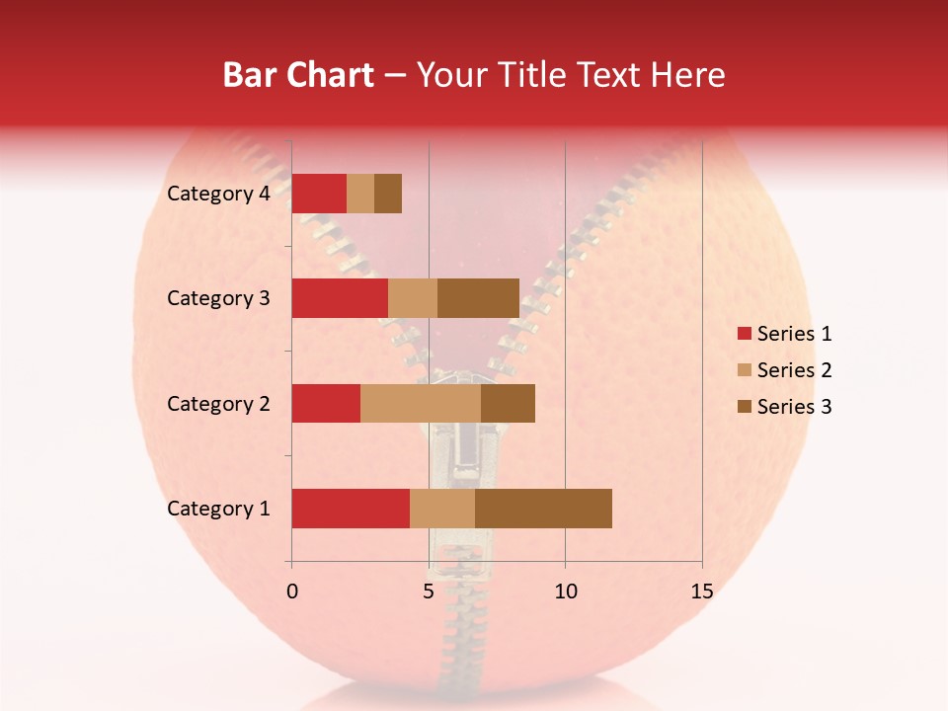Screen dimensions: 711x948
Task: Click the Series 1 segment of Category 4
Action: pos(319,194)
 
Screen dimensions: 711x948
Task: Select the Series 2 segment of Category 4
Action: pos(360,194)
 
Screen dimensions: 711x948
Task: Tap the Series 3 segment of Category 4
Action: pos(388,194)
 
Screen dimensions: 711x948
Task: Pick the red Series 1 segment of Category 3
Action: pos(340,298)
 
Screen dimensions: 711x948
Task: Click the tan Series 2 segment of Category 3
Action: pos(413,298)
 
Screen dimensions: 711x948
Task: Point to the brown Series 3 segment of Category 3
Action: pos(478,298)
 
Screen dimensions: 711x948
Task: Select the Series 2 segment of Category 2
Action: pos(421,403)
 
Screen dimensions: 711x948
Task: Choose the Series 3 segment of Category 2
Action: pos(508,403)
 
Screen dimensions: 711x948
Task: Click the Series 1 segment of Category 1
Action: pos(351,509)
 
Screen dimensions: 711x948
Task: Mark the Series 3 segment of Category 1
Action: pos(543,509)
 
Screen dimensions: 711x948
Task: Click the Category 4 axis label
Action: pos(218,194)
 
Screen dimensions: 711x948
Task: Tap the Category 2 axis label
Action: pos(218,403)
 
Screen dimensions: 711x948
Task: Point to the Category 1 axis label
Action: pos(218,509)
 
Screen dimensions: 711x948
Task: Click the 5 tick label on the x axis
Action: pos(429,592)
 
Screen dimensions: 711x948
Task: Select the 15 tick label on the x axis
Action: pos(701,592)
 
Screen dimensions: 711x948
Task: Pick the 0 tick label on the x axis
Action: pos(291,592)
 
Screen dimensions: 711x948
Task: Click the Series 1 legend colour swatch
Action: pos(744,334)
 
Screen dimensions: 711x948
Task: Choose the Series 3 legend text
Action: pos(794,407)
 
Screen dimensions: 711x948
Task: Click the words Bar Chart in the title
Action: pos(298,75)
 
